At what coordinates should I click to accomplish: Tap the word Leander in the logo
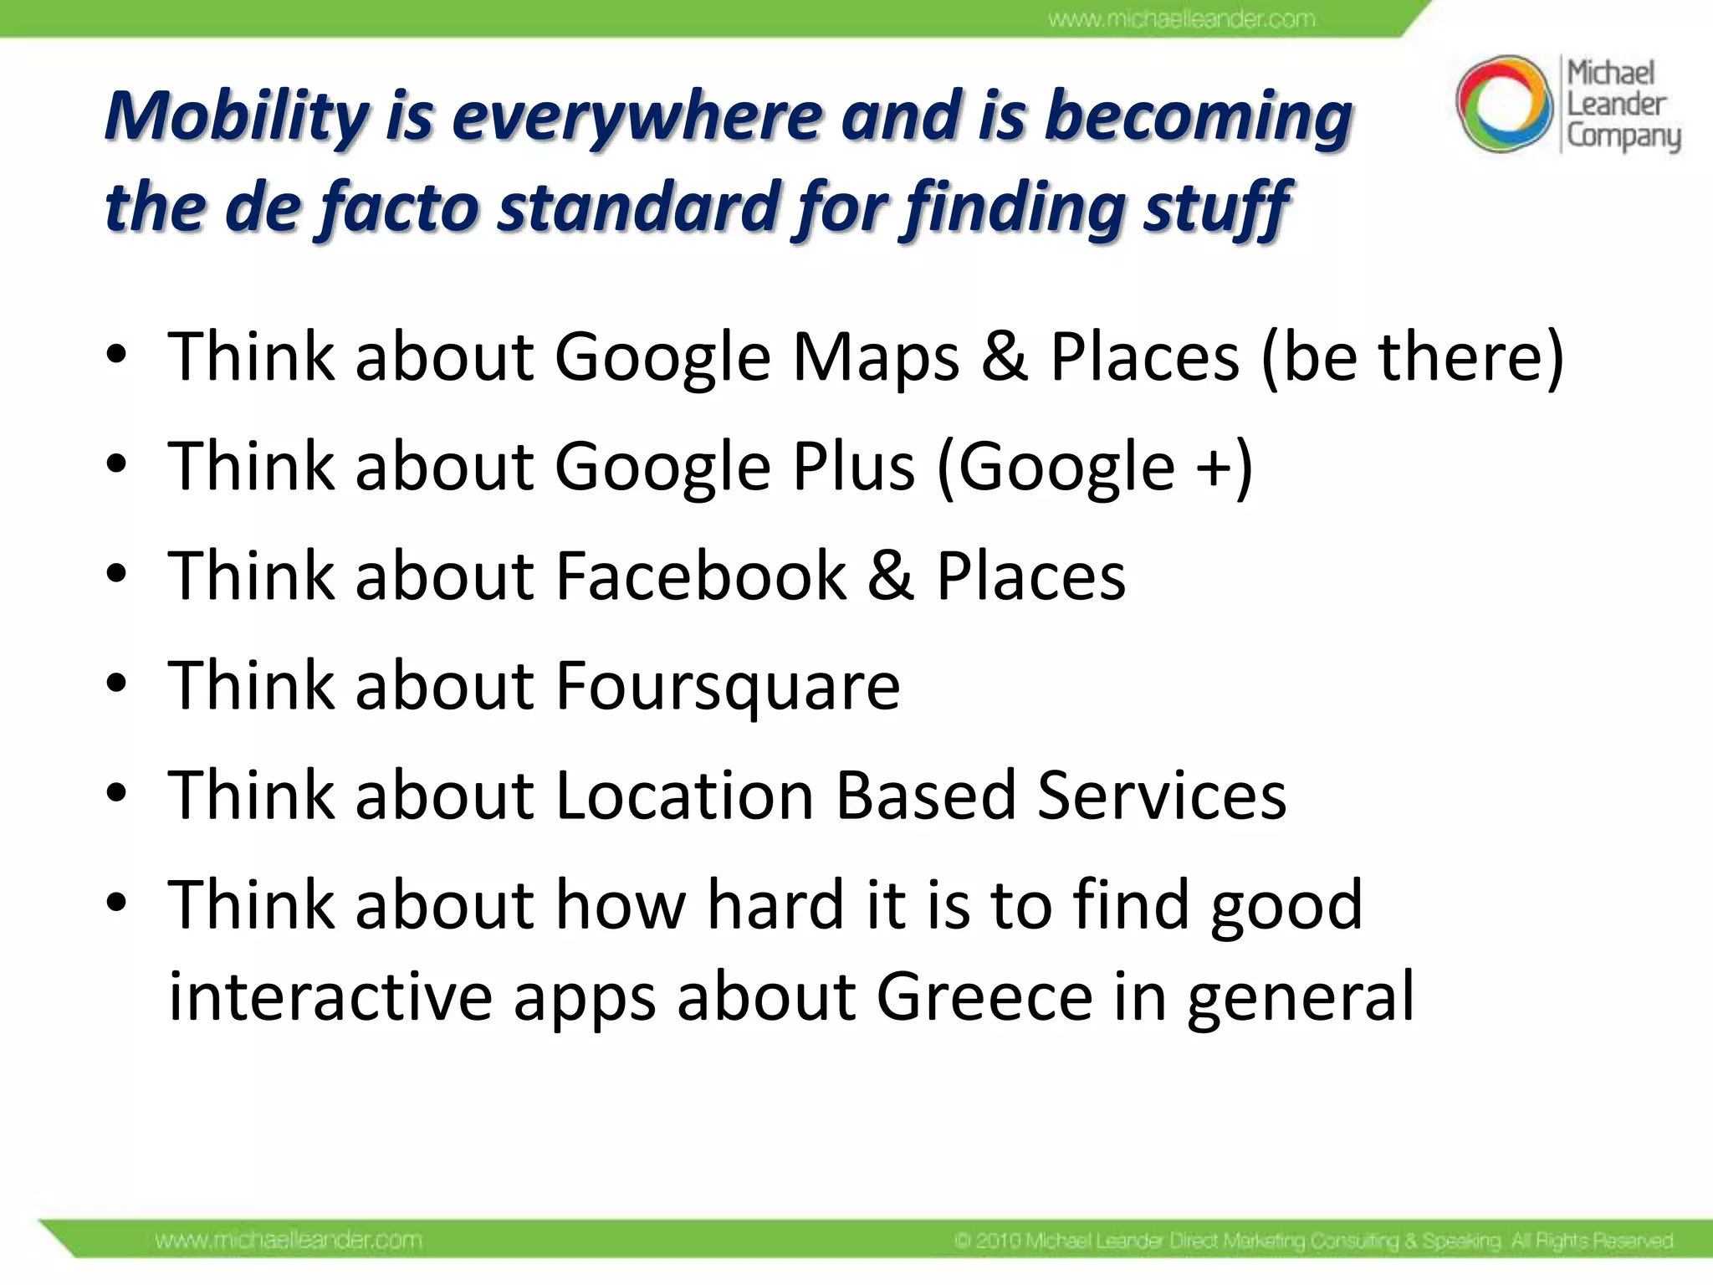click(1616, 105)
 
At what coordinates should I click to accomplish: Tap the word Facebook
click(701, 576)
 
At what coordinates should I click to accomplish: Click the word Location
click(684, 795)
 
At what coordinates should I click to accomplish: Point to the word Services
click(1162, 795)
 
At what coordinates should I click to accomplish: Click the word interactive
click(330, 996)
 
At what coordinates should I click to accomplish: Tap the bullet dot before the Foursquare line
click(117, 684)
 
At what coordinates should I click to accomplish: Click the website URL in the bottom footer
click(289, 1240)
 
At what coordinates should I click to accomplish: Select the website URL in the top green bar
click(1181, 18)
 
